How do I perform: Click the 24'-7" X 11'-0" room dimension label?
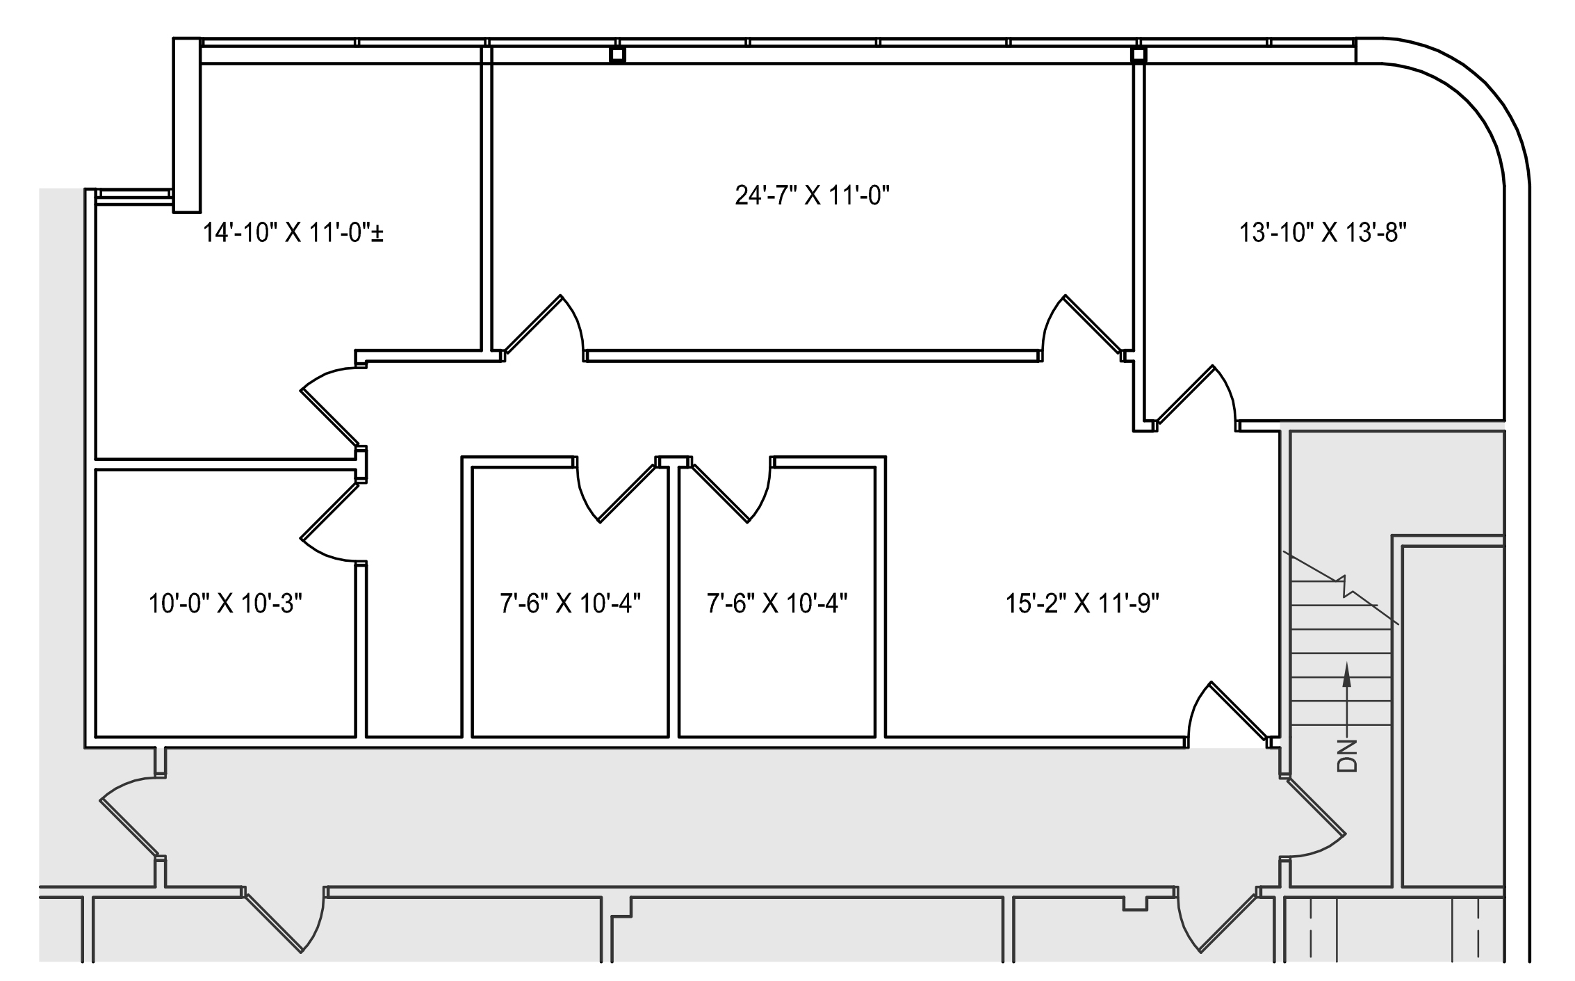pyautogui.click(x=813, y=196)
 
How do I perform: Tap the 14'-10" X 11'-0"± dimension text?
pyautogui.click(x=293, y=232)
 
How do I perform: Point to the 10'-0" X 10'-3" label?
pyautogui.click(x=226, y=603)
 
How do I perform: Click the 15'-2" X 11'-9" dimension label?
pyautogui.click(x=1083, y=603)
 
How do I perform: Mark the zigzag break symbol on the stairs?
pyautogui.click(x=1346, y=586)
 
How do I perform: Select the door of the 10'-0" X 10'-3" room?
pyautogui.click(x=329, y=511)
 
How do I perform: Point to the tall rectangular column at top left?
pyautogui.click(x=186, y=125)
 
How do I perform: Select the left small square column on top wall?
pyautogui.click(x=617, y=55)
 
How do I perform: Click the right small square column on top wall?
pyautogui.click(x=1138, y=55)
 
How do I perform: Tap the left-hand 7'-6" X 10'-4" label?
pyautogui.click(x=570, y=603)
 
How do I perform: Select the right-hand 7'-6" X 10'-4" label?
pyautogui.click(x=777, y=603)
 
